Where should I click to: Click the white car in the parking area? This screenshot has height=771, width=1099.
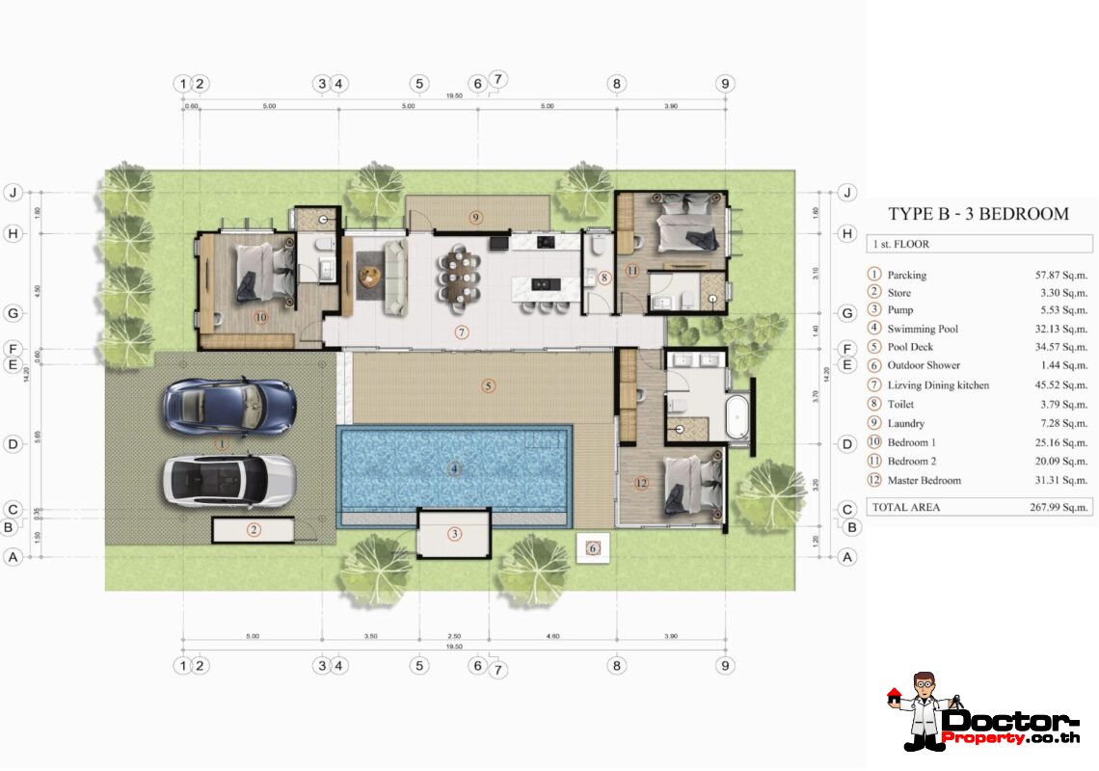point(228,479)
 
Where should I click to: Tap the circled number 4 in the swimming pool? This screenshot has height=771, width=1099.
point(453,469)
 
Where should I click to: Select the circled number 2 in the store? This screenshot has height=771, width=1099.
point(254,529)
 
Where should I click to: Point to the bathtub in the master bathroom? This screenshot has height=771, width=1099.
point(738,416)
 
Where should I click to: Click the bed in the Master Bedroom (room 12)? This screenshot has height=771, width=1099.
point(693,483)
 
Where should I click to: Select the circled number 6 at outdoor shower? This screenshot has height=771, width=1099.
point(593,548)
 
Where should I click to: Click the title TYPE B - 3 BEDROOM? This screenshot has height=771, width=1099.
point(978,214)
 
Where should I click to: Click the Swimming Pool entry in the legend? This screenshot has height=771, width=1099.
point(923,329)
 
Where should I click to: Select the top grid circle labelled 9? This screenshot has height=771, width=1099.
point(725,84)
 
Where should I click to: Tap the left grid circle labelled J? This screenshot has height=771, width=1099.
point(13,192)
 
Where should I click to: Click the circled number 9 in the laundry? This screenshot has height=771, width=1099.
point(476,217)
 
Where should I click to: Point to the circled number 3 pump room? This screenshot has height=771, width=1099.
point(454,533)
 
